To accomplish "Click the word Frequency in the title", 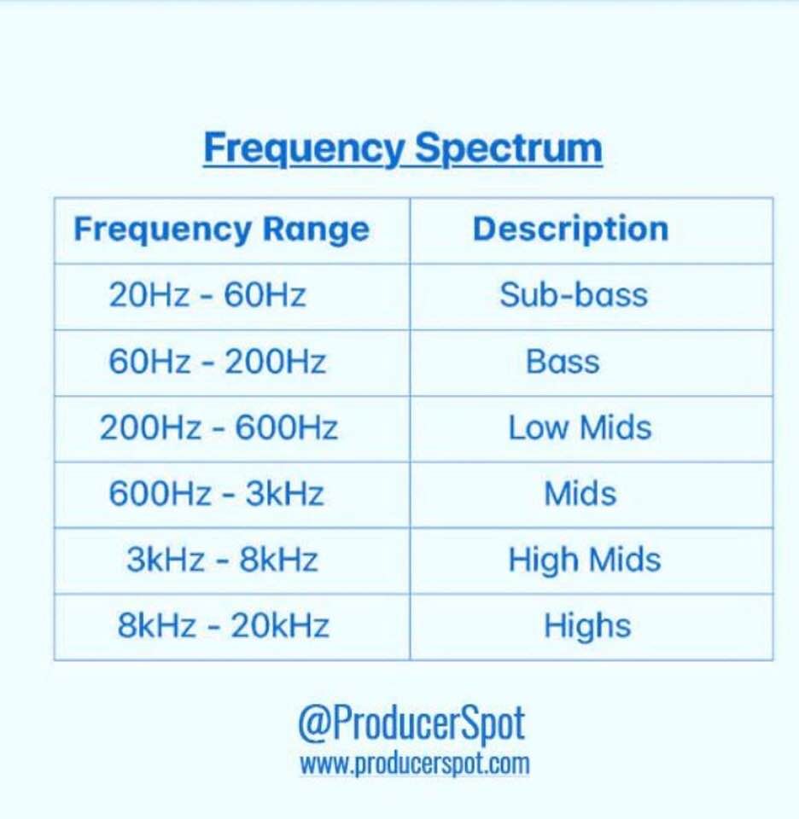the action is tap(304, 148).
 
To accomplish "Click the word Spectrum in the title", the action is tap(509, 148).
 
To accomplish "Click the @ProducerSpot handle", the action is tap(411, 724).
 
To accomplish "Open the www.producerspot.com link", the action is tap(414, 764).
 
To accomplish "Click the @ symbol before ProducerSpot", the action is tap(312, 724).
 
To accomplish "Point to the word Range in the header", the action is tap(316, 230).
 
